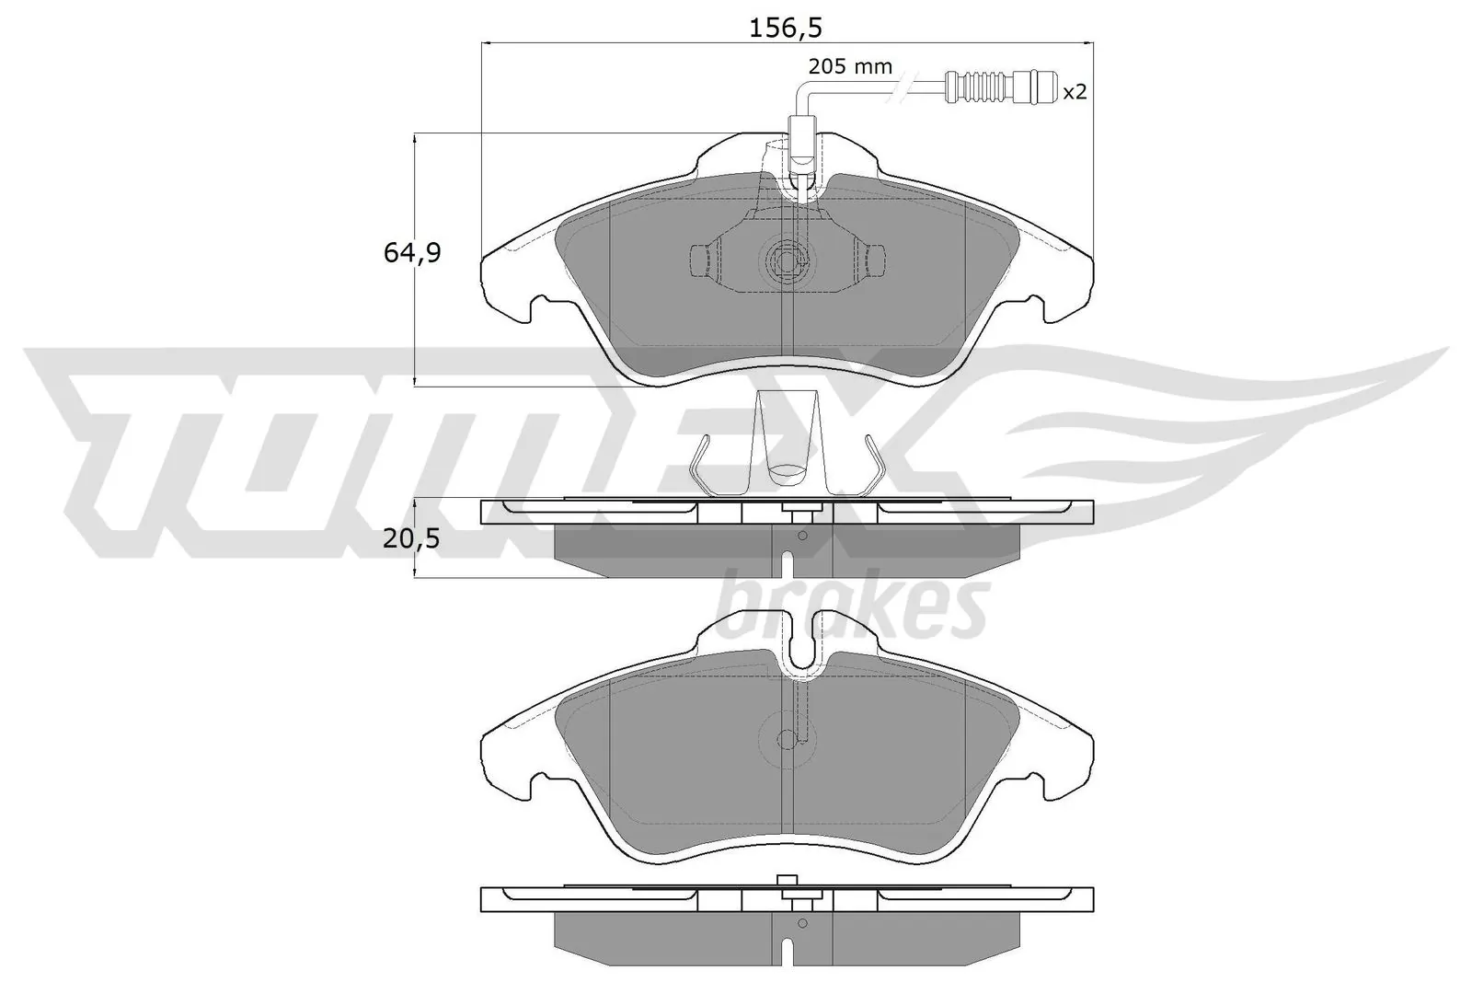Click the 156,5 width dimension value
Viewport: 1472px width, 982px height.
coord(784,28)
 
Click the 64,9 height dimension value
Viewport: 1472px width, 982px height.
coord(412,252)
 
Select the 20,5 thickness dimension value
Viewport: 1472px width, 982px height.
coord(412,539)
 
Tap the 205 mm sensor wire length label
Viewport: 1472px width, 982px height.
coord(849,66)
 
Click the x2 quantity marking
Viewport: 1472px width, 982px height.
coord(1075,92)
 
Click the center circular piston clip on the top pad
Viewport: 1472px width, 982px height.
coord(787,260)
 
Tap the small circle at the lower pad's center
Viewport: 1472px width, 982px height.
coord(787,738)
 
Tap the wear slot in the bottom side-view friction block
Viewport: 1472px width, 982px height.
coord(788,953)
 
